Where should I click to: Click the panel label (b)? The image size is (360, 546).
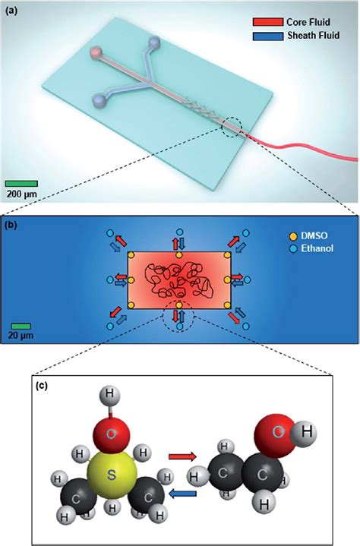coord(13,225)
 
